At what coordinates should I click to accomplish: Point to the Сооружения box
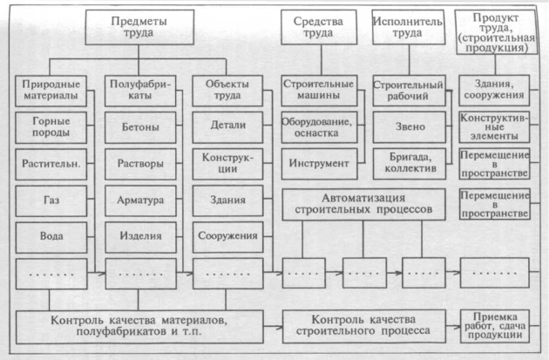[x=228, y=234]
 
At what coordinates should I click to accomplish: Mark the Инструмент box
[x=317, y=162]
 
